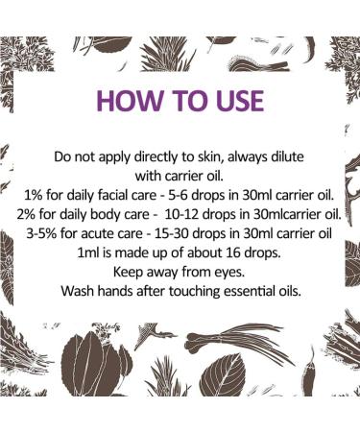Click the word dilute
[x=288, y=156]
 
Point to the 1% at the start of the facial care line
[x=34, y=195]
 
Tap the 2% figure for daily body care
[x=26, y=214]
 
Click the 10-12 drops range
[x=181, y=214]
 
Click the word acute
[x=95, y=234]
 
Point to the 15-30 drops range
[x=172, y=233]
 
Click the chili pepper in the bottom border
[x=308, y=372]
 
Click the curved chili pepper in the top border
[x=309, y=50]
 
